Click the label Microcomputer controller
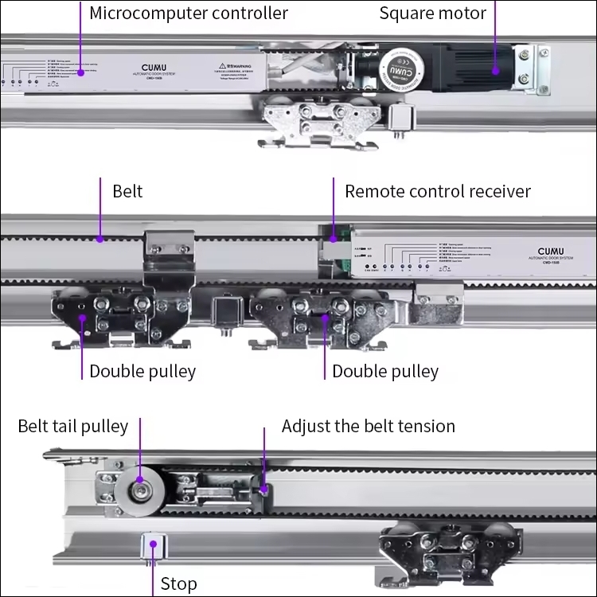[188, 14]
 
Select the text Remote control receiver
[437, 192]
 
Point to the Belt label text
[127, 192]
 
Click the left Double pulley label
[142, 372]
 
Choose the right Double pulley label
[385, 372]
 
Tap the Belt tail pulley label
[72, 427]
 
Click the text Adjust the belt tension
[369, 427]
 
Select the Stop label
[178, 584]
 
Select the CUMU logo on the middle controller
[550, 252]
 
